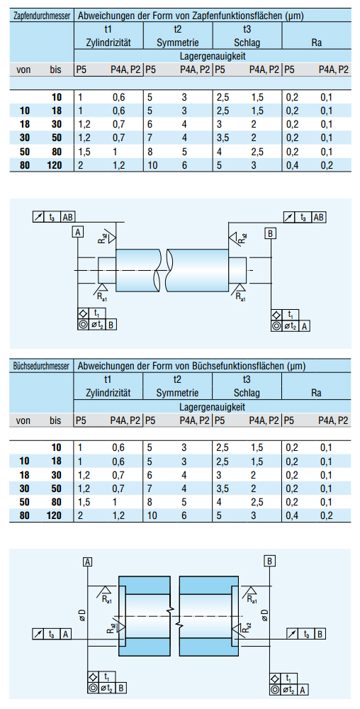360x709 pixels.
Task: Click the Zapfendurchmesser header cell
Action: tap(42, 16)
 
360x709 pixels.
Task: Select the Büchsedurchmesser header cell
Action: tap(42, 366)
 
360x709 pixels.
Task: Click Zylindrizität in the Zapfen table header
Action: tap(108, 43)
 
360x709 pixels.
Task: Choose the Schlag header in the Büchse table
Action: tap(247, 393)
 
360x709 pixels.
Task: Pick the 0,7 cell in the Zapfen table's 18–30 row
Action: tap(118, 124)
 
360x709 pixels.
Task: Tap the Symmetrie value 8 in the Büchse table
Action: tap(150, 502)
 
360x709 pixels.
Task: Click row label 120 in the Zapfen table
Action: tap(55, 165)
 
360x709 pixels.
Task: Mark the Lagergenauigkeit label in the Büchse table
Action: tap(213, 407)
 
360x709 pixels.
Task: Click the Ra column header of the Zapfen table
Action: tap(316, 43)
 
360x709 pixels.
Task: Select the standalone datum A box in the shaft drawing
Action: tap(78, 233)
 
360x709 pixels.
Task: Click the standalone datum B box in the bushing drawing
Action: tap(270, 561)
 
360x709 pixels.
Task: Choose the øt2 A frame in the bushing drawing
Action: tap(290, 690)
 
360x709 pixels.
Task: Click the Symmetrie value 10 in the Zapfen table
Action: tap(152, 165)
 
